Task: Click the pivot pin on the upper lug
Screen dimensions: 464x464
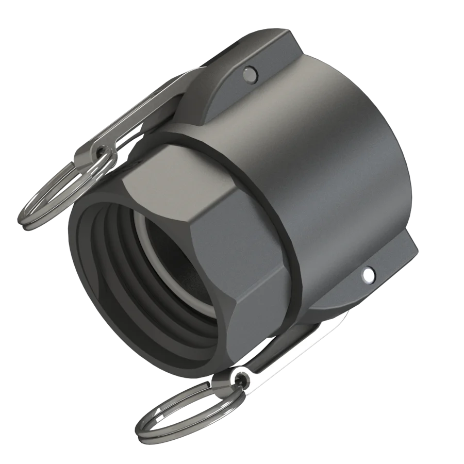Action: (250, 74)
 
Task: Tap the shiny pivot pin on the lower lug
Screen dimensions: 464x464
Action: (368, 275)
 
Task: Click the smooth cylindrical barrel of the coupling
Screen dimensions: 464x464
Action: (330, 170)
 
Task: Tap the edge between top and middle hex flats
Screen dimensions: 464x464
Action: (206, 206)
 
